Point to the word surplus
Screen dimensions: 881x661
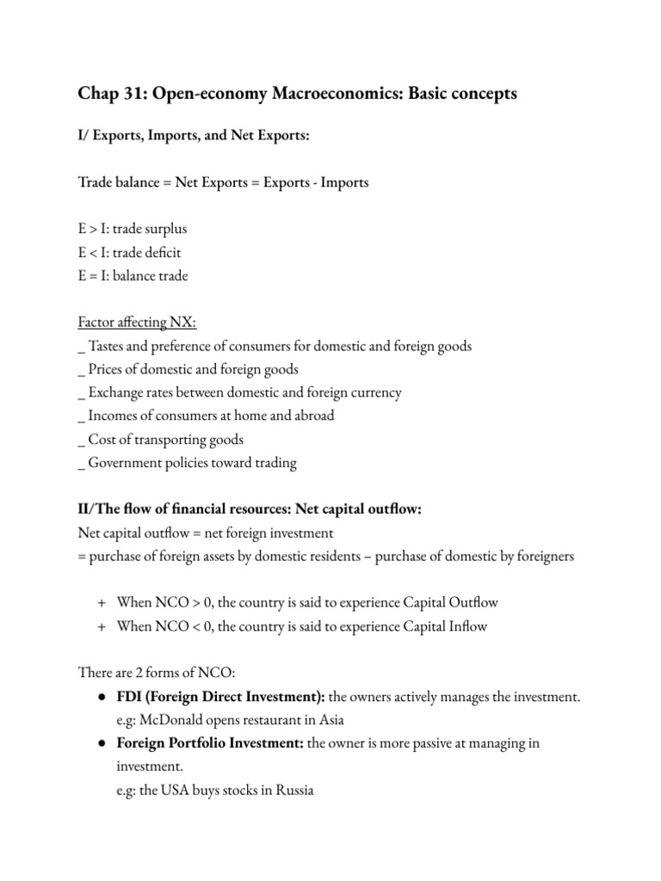164,230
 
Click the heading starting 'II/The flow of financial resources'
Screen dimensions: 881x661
249,509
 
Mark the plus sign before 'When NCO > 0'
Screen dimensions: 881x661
101,602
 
